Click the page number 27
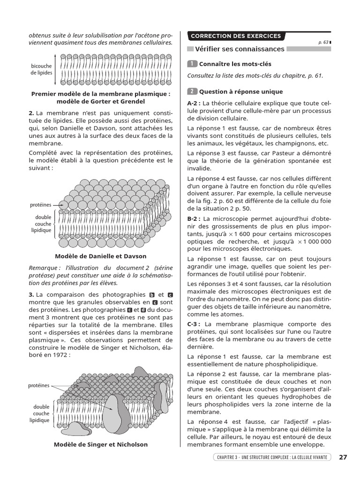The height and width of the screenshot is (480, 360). point(343,457)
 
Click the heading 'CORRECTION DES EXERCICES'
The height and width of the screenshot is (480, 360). point(235,36)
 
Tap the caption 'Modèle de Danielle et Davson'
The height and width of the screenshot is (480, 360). point(101,256)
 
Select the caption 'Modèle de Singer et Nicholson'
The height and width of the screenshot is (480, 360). point(101,444)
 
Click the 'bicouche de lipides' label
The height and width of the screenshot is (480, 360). point(42,70)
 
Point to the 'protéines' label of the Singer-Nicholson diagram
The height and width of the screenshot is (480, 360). point(38,385)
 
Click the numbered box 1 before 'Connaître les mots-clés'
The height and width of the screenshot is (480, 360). point(192,64)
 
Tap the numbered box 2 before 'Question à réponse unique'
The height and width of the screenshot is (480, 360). point(192,91)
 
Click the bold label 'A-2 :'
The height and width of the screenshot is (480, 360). point(194,103)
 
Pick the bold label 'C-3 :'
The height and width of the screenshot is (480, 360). point(194,324)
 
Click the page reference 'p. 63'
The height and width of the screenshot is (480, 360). point(323,42)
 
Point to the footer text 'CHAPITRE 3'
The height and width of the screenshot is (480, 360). point(228,457)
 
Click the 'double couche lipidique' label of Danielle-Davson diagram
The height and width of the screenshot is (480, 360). point(42,224)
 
